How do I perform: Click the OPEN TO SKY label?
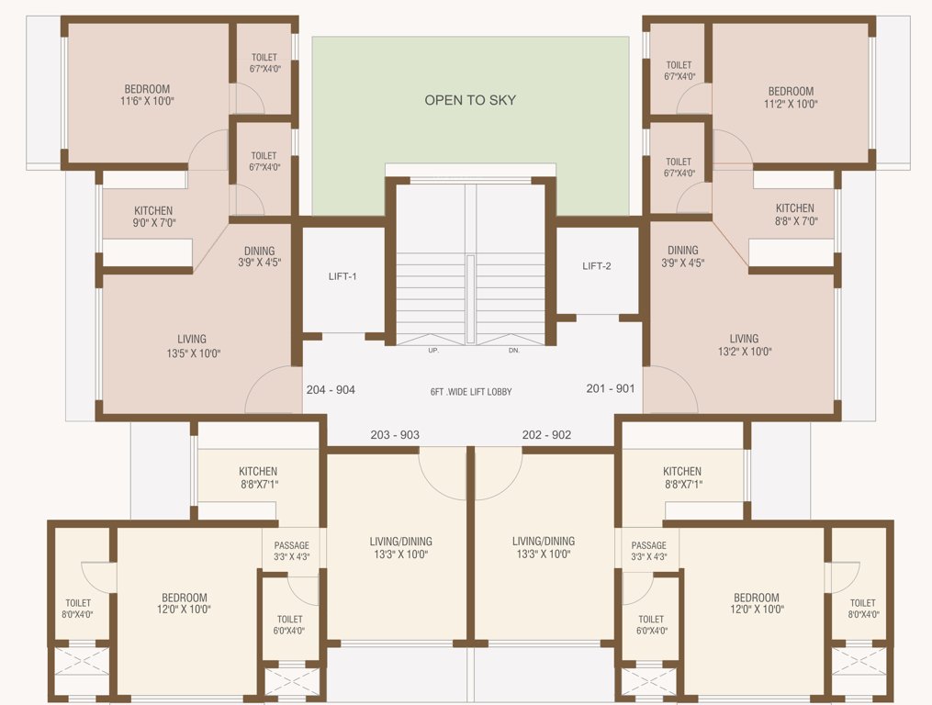470,100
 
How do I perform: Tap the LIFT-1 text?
342,276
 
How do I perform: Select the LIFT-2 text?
596,266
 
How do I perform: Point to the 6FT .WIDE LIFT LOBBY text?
471,392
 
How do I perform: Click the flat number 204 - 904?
330,389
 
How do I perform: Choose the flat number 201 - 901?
611,388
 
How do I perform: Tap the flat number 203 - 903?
395,434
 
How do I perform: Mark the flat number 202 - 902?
546,434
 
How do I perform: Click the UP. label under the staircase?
432,351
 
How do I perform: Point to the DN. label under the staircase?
513,351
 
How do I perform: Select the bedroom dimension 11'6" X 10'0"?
147,101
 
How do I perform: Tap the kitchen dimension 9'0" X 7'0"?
153,222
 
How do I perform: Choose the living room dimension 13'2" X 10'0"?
744,351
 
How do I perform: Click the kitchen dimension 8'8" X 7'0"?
794,220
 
